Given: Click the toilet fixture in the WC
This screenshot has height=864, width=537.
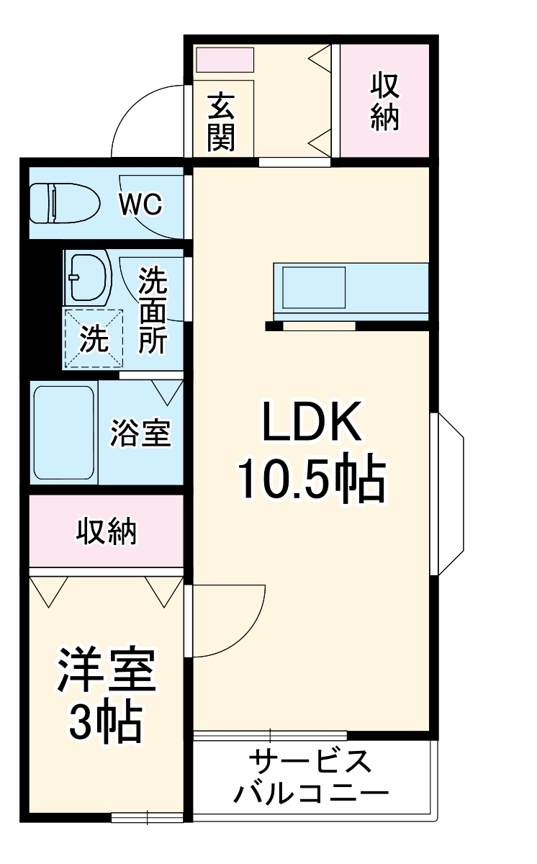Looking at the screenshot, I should [x=63, y=204].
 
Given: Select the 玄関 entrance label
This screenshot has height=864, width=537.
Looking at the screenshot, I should [x=221, y=122].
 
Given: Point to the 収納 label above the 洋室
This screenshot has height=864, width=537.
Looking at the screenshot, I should [x=107, y=532].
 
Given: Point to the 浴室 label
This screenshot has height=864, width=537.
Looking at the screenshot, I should [x=140, y=433].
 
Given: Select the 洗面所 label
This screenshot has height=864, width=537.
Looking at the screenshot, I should [x=152, y=310].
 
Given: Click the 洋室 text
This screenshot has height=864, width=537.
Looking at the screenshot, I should [x=106, y=669].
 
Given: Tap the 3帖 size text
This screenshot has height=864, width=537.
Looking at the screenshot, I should [x=106, y=720].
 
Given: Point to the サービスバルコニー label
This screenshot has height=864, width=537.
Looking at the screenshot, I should [x=311, y=778].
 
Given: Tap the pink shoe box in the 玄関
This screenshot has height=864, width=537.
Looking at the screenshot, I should [x=225, y=60].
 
